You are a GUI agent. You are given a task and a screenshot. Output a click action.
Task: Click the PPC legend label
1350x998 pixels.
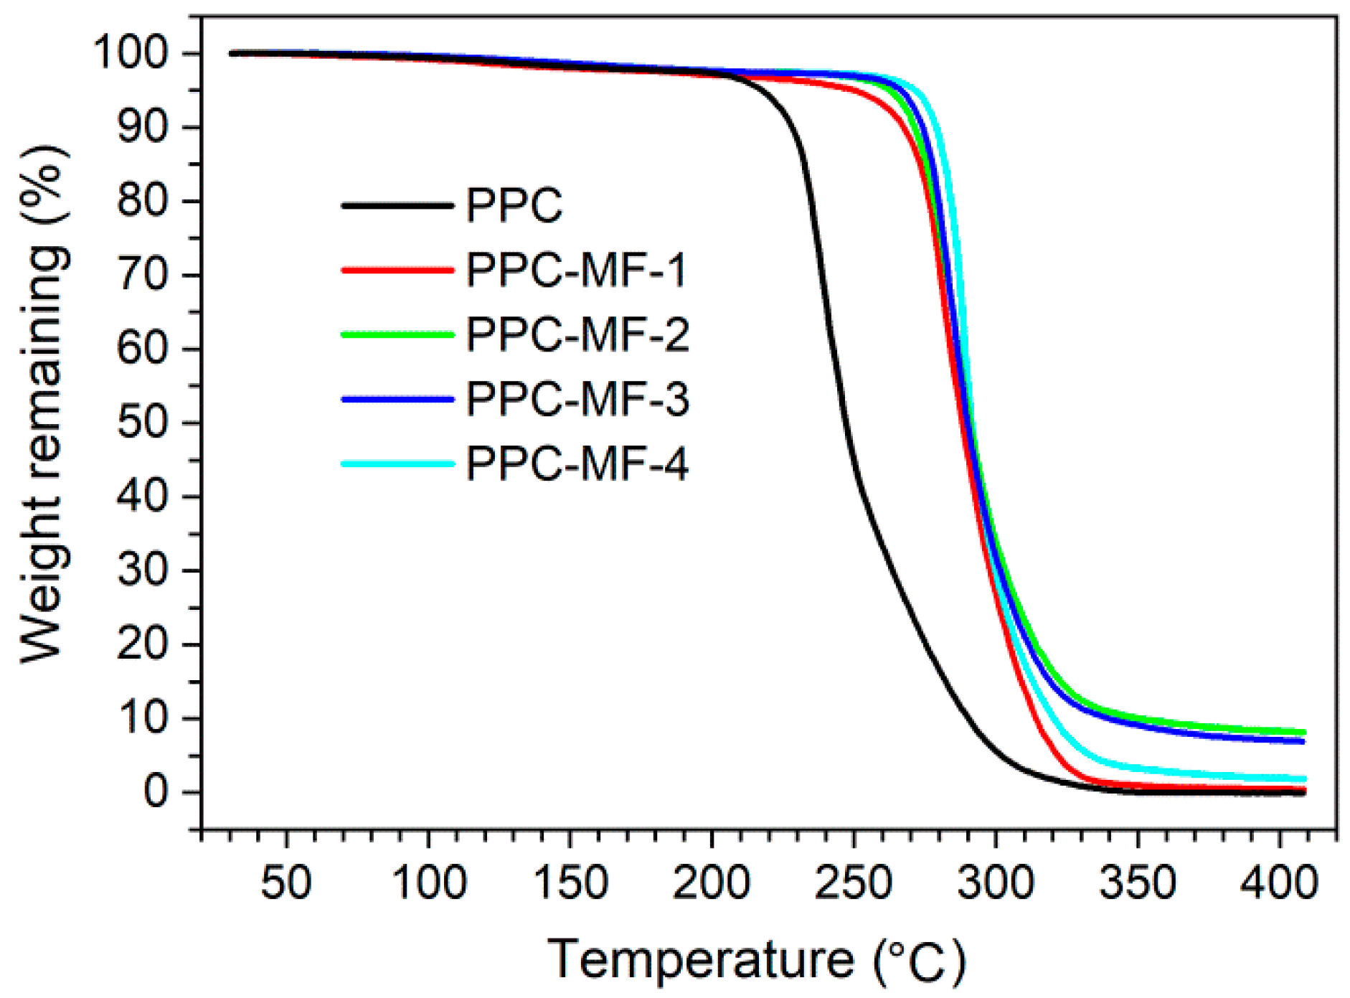(x=514, y=206)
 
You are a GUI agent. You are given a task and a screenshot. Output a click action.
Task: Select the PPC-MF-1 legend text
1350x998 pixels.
(x=576, y=270)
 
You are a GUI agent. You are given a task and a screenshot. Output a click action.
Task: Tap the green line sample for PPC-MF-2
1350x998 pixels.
(x=397, y=334)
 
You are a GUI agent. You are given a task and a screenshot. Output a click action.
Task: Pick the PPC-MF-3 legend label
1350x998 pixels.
(x=577, y=399)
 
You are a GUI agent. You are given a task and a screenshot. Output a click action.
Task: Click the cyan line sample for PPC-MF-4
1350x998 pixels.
(x=397, y=463)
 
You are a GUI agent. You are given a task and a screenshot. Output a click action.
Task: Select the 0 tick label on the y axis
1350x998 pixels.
(x=156, y=791)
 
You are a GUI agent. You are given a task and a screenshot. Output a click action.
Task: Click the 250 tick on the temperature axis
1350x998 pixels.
(x=854, y=883)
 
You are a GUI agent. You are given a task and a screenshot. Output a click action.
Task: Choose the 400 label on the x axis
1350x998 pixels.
(x=1279, y=883)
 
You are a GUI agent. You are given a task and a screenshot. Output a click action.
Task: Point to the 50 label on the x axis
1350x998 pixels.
(x=286, y=883)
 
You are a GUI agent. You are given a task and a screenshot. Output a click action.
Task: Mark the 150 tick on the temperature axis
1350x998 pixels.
(x=570, y=883)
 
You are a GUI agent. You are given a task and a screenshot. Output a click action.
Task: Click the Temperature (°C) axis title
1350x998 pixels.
(x=757, y=960)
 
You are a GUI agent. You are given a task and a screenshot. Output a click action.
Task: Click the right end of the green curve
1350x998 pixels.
(x=1303, y=732)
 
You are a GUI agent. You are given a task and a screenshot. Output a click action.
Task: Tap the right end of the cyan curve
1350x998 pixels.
(x=1303, y=778)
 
